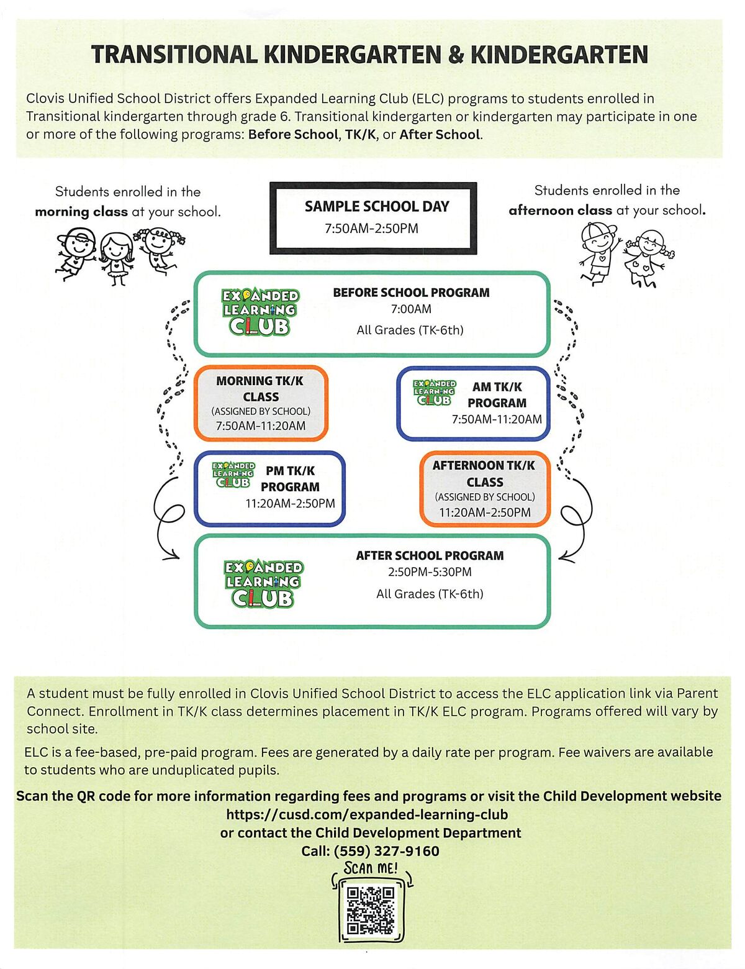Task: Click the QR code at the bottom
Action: coord(371,911)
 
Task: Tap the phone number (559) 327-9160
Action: coord(386,851)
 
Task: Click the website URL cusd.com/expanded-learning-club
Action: coord(367,814)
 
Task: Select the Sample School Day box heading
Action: coord(377,206)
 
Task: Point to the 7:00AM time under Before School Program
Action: coord(411,309)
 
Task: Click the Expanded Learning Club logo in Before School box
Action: coord(260,312)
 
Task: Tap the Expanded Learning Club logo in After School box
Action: coord(263,583)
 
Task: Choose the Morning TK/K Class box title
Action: coord(260,389)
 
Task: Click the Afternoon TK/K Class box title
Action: coord(484,473)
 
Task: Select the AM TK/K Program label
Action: coord(497,394)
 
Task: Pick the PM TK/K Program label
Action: coord(290,479)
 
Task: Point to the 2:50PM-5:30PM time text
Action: coord(430,572)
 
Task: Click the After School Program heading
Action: coord(430,555)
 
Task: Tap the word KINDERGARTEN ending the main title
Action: coord(559,55)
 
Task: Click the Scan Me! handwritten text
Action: coord(371,868)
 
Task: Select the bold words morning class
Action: coord(81,212)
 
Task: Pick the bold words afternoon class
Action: coord(560,211)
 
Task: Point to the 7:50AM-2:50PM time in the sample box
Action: coord(371,229)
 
